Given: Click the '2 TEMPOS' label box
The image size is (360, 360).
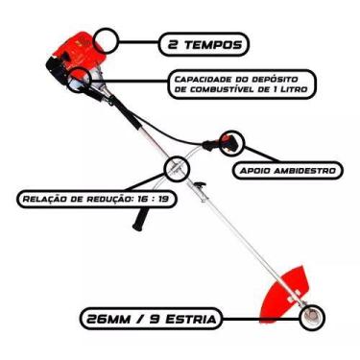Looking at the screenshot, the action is [x=202, y=43].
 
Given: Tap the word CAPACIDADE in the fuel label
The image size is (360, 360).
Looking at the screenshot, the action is [x=201, y=78].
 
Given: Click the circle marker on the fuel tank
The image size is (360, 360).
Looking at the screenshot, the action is [x=82, y=73].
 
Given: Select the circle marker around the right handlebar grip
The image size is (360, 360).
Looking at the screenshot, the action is [x=231, y=143].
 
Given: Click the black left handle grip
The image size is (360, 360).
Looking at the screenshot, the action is [x=142, y=222].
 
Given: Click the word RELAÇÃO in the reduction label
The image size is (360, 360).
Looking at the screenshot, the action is [x=41, y=201].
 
